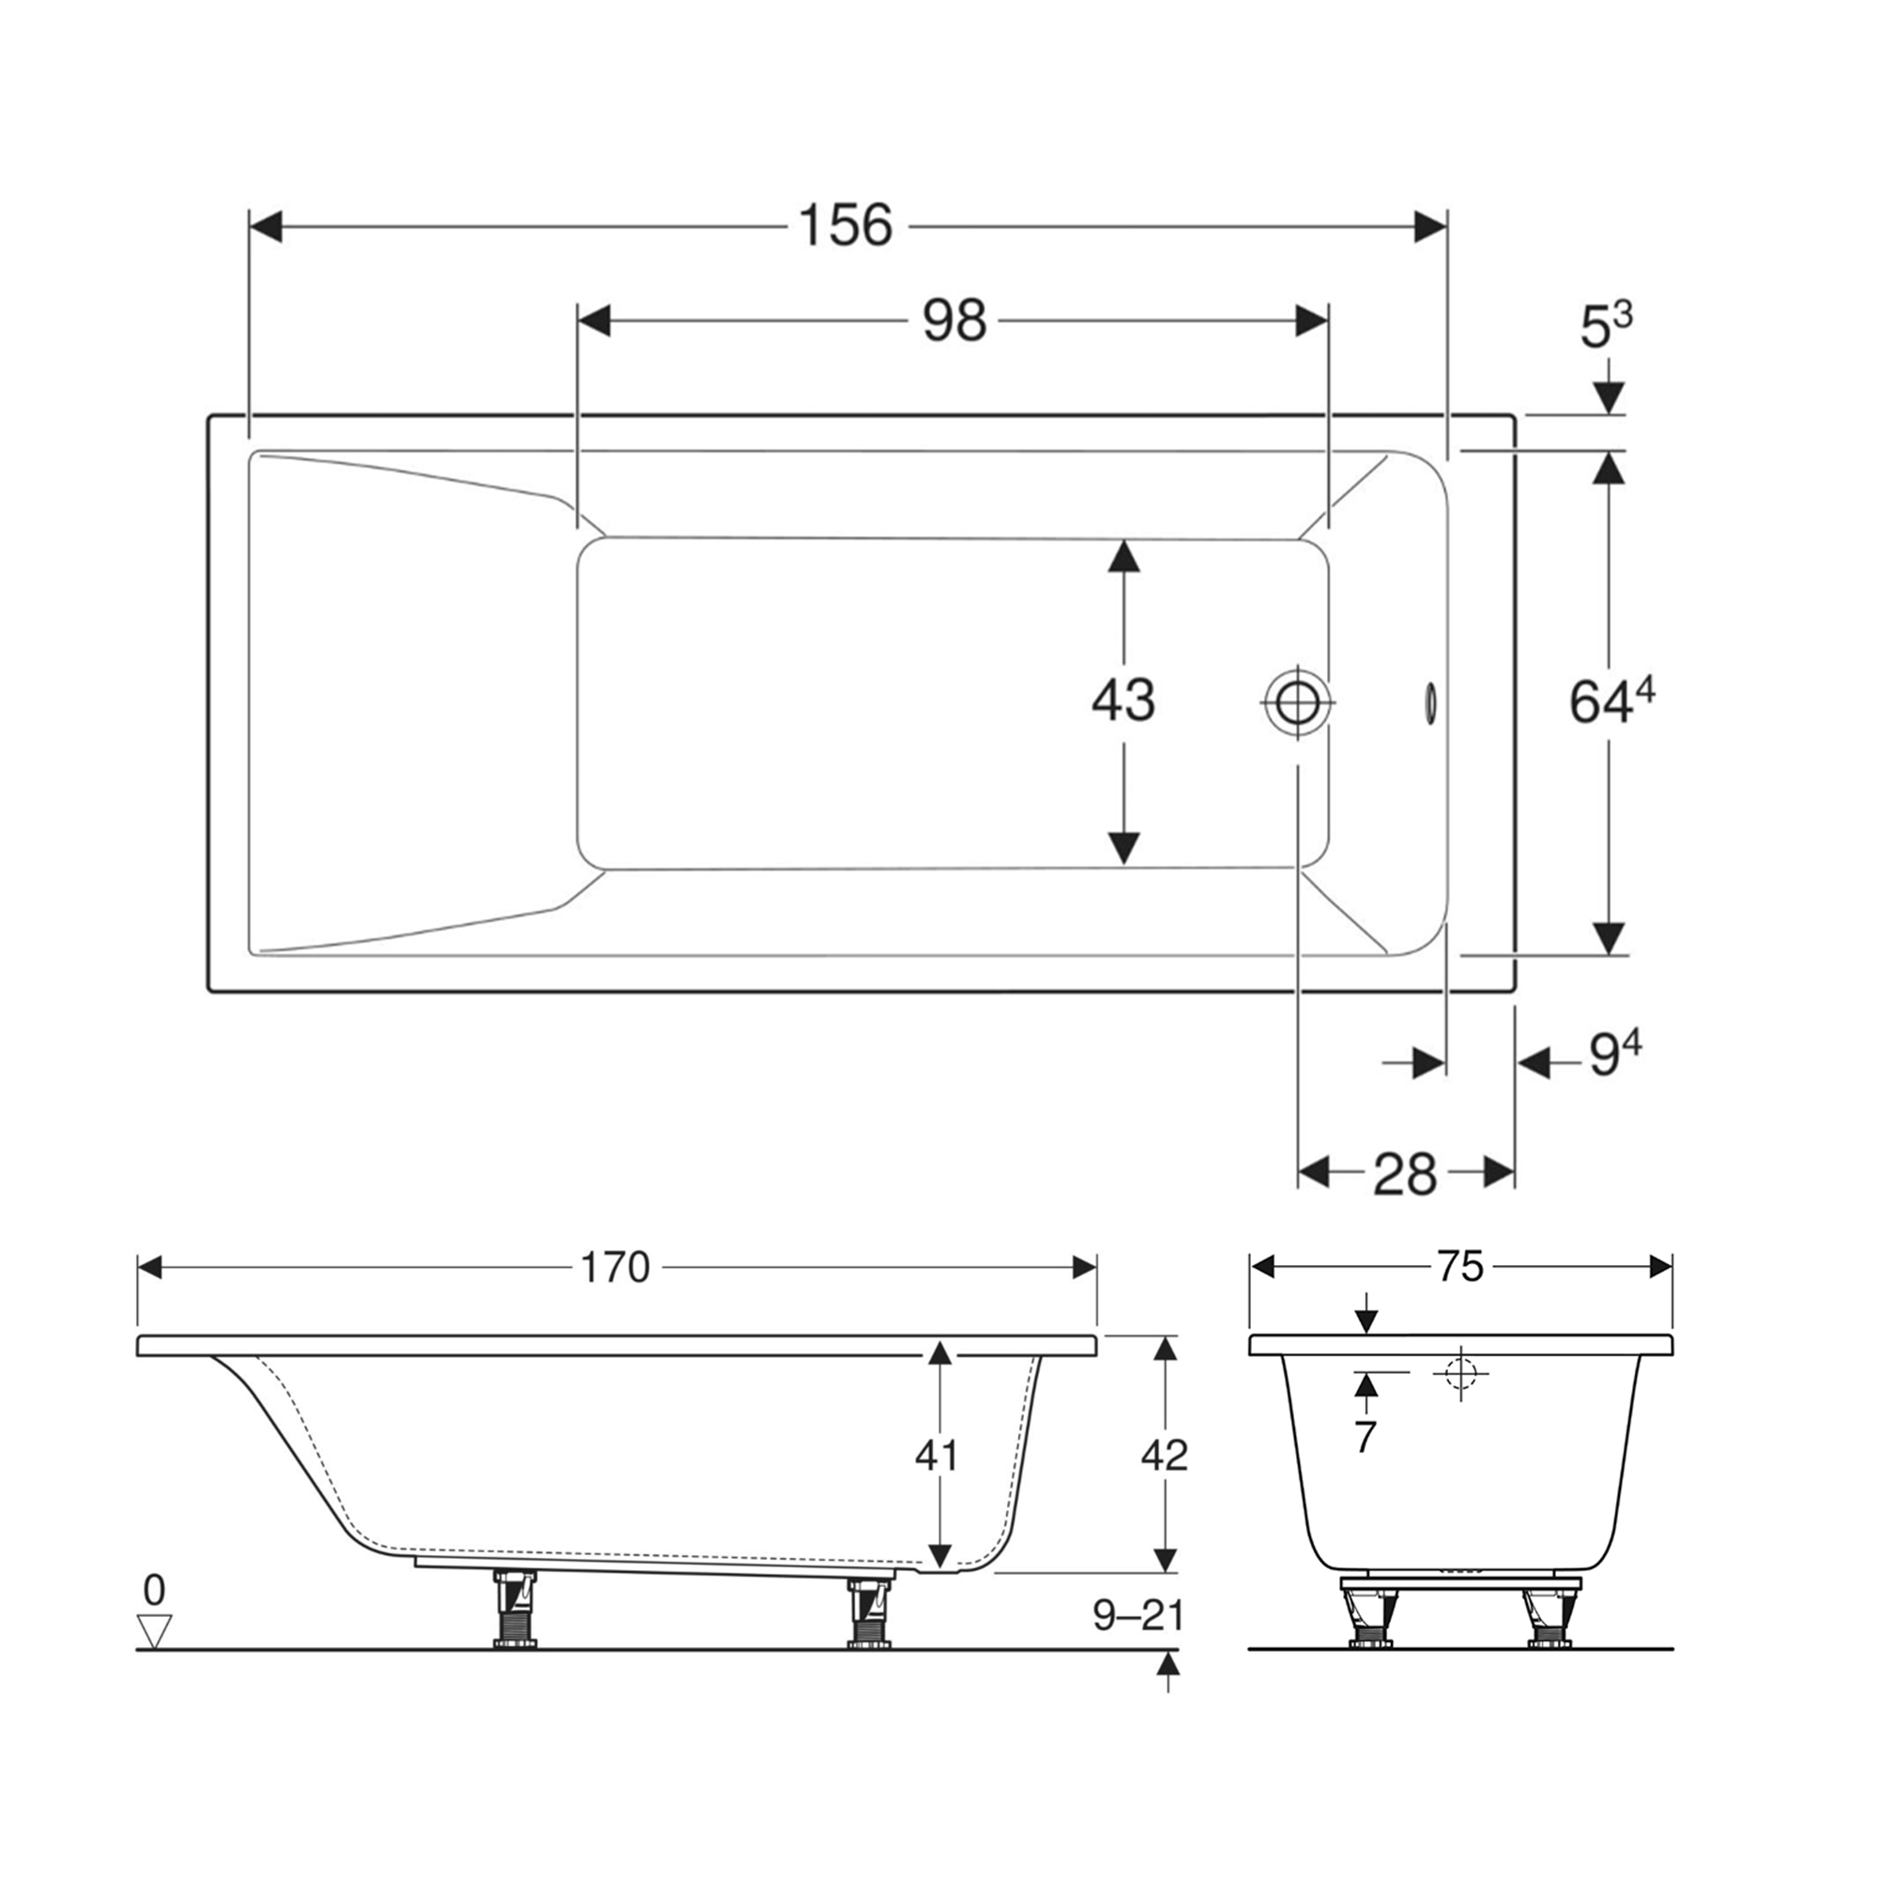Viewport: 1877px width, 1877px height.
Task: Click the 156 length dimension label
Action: coord(845,225)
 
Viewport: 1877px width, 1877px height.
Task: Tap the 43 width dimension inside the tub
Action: coord(1123,699)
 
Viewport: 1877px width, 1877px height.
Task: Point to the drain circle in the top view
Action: coord(1298,701)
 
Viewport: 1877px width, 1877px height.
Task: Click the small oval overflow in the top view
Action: coord(1431,701)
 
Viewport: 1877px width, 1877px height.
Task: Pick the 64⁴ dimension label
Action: coord(1610,701)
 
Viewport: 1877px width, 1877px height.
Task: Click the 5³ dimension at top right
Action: coord(1605,327)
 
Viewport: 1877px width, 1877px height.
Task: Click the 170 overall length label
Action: coord(614,1267)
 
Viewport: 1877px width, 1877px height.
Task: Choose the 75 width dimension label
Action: coord(1459,1266)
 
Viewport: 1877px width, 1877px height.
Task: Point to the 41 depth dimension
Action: coord(937,1456)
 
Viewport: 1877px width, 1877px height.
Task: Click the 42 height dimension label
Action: coord(1163,1456)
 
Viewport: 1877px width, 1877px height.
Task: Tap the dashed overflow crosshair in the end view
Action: coord(1459,1373)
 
